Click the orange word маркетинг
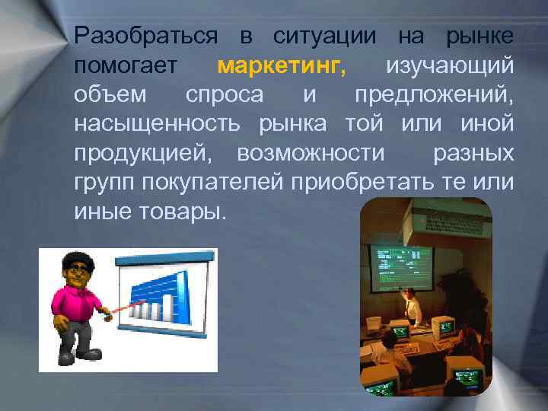281,66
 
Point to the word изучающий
449,66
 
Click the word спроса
225,95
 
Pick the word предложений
434,95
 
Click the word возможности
311,153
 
